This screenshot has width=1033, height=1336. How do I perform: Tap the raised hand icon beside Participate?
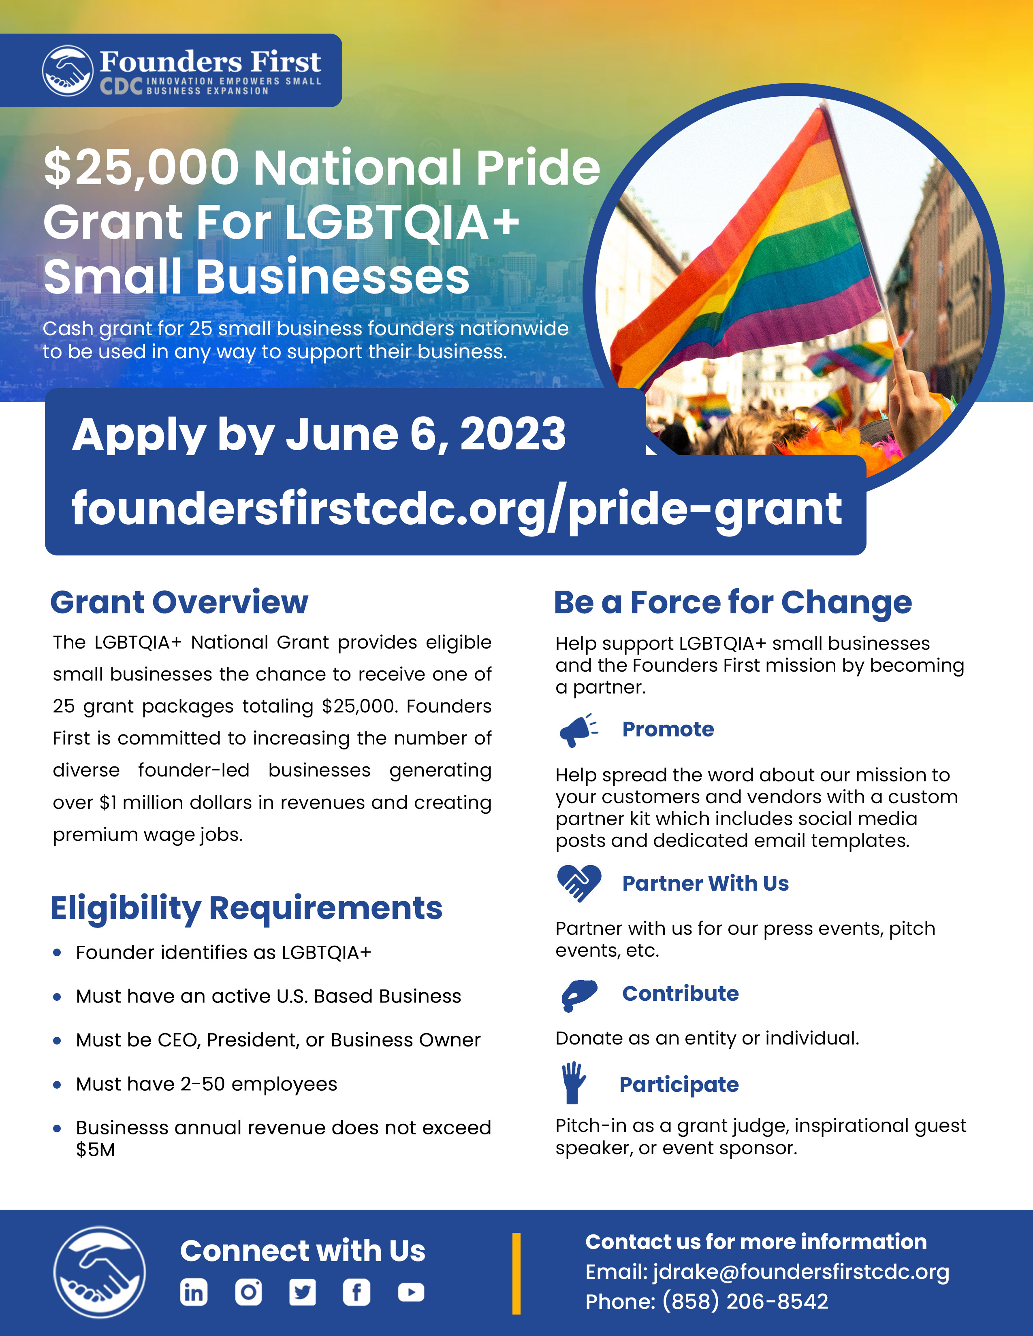[573, 1083]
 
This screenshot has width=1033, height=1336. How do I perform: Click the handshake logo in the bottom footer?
[99, 1272]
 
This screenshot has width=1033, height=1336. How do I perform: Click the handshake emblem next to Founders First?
[67, 70]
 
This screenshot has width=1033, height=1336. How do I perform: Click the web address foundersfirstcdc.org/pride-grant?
[457, 509]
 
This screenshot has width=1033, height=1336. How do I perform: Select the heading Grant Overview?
[179, 602]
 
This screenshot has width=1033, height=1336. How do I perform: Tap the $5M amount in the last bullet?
[96, 1150]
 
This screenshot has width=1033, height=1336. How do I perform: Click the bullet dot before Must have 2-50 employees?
[57, 1085]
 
